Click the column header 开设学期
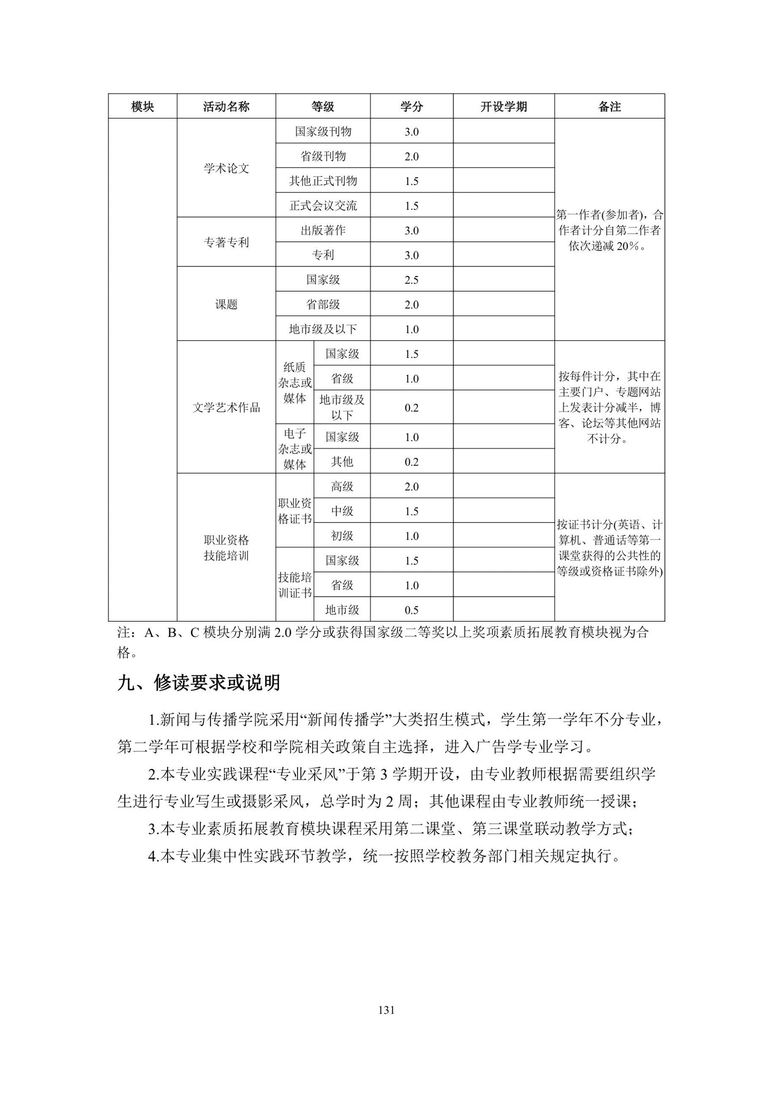point(503,106)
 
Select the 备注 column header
point(609,106)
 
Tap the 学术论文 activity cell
point(226,168)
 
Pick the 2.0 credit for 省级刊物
point(411,156)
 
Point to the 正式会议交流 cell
point(323,206)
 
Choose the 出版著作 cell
point(323,230)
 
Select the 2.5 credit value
point(411,280)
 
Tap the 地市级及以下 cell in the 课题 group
point(323,329)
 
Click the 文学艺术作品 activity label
point(226,407)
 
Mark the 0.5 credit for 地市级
point(411,610)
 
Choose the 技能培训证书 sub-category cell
point(295,585)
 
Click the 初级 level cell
point(342,536)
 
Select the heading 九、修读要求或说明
point(199,683)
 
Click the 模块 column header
point(143,106)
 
